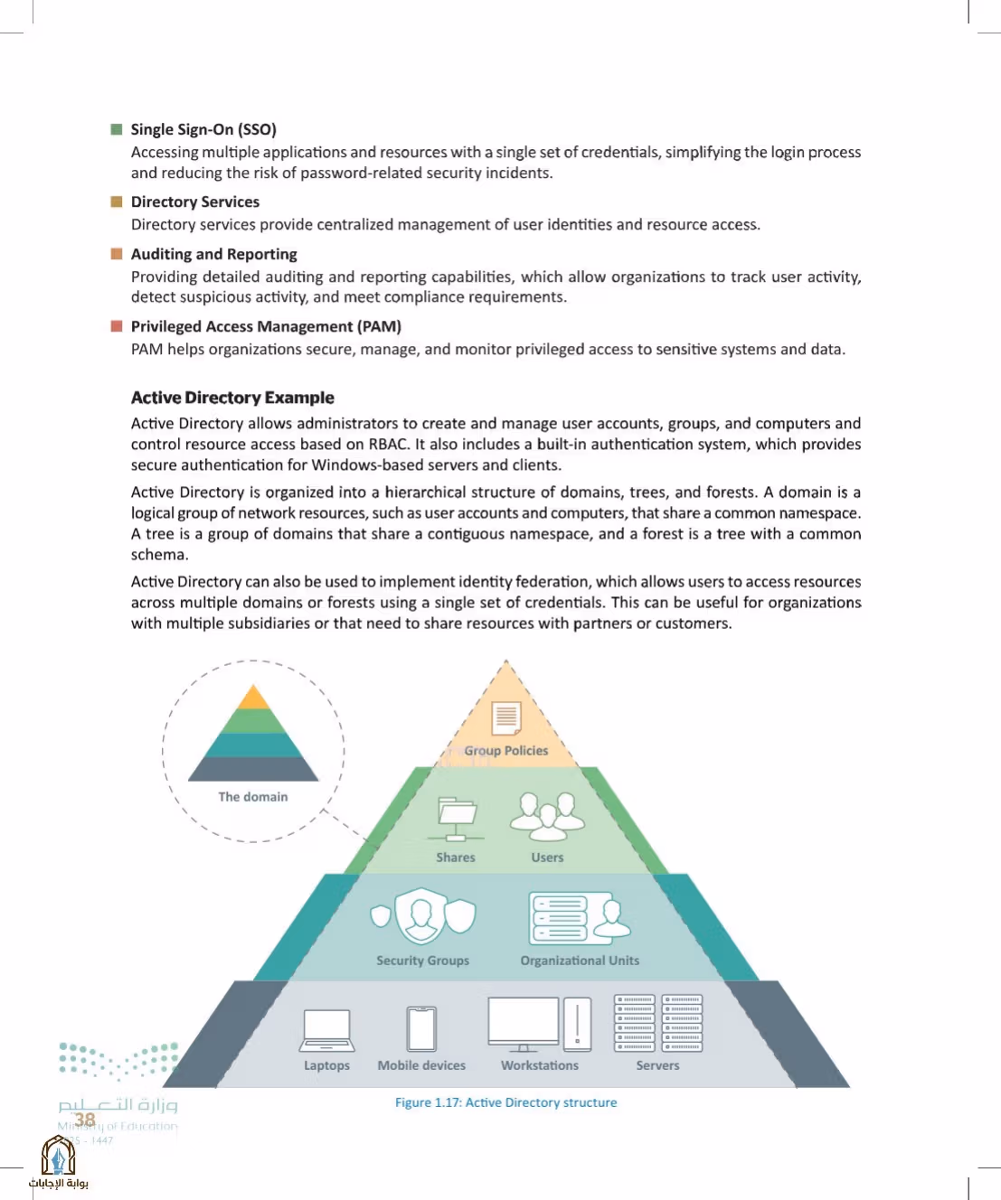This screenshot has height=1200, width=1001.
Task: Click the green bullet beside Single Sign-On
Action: pyautogui.click(x=117, y=129)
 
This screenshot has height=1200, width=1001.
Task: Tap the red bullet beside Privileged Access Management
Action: pyautogui.click(x=117, y=326)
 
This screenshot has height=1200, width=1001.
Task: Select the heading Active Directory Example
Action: pyautogui.click(x=232, y=398)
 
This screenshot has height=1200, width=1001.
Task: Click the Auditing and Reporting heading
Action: pyautogui.click(x=214, y=254)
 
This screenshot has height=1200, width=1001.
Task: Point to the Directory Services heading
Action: pyautogui.click(x=195, y=202)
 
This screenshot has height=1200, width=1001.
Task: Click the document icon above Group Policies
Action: pyautogui.click(x=506, y=717)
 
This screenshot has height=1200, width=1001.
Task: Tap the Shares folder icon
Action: pyautogui.click(x=456, y=819)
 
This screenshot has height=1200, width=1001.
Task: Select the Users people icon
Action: pyautogui.click(x=547, y=817)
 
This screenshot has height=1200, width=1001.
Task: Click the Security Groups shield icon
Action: pyautogui.click(x=422, y=916)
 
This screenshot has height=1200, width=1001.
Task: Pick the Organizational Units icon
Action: pyautogui.click(x=580, y=918)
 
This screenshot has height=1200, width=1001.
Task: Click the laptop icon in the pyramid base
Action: pyautogui.click(x=326, y=1030)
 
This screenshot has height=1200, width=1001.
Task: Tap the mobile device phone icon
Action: pyautogui.click(x=421, y=1028)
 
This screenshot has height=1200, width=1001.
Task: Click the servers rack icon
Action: pyautogui.click(x=658, y=1023)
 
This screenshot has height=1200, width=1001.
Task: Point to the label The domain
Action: pyautogui.click(x=253, y=797)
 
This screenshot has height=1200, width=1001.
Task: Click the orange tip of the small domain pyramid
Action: pyautogui.click(x=254, y=697)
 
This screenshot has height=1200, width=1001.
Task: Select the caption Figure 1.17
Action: pyautogui.click(x=505, y=1102)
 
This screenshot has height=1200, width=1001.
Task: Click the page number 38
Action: pyautogui.click(x=85, y=1119)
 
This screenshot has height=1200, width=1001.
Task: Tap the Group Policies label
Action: pyautogui.click(x=506, y=751)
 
